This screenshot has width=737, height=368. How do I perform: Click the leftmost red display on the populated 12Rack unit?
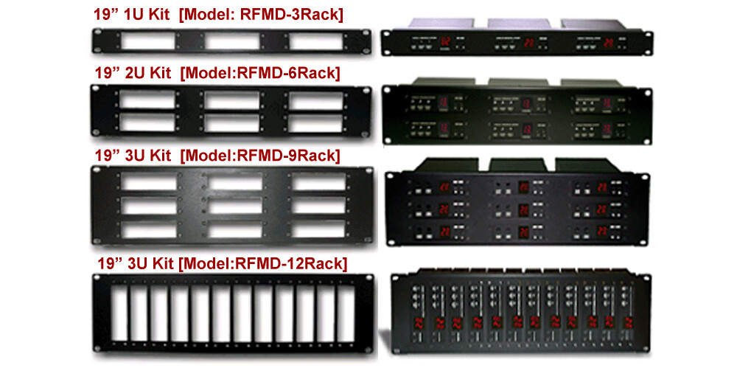point(419,322)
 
